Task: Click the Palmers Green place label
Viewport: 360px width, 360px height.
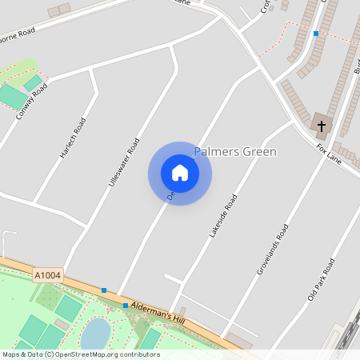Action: (x=235, y=151)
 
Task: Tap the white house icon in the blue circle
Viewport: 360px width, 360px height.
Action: (x=180, y=173)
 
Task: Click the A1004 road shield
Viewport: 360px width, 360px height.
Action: (x=46, y=276)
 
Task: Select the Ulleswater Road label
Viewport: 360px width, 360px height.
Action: (x=123, y=162)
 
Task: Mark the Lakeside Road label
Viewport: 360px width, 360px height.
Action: (x=223, y=216)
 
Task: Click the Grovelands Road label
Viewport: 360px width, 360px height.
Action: (x=272, y=250)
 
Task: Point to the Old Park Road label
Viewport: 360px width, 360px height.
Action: (x=321, y=280)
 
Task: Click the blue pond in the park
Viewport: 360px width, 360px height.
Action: (x=96, y=333)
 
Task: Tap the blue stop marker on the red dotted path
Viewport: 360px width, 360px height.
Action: (x=316, y=34)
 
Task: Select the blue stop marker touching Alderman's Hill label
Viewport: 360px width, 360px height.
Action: (x=126, y=306)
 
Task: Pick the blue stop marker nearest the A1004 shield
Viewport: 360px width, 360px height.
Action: (x=104, y=290)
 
